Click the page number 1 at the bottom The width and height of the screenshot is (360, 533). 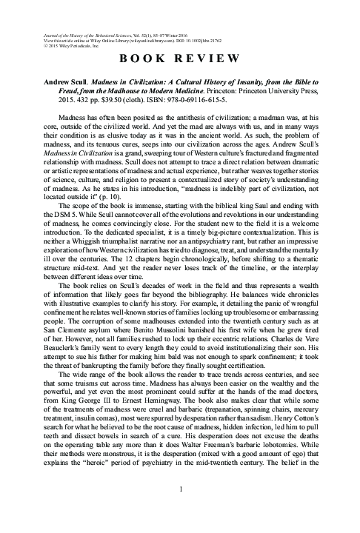180,509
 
